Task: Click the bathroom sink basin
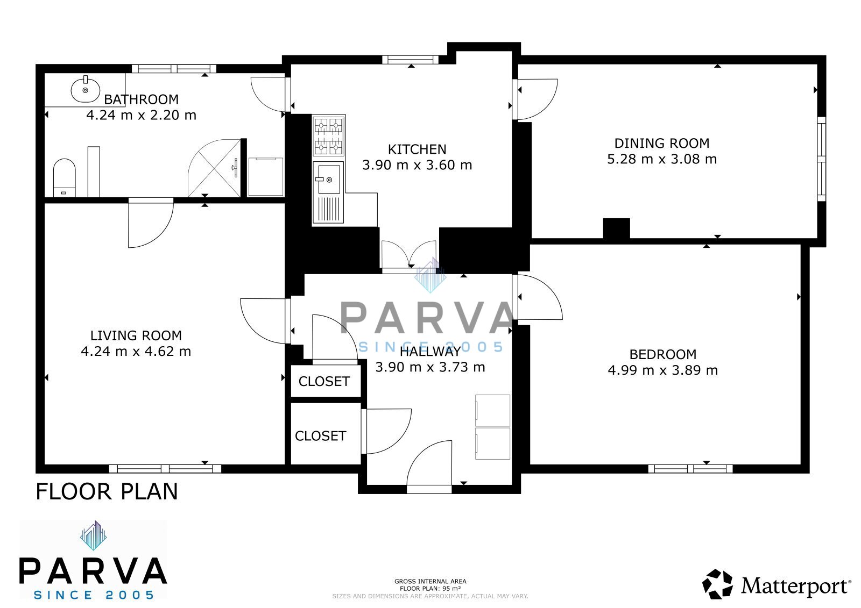86,89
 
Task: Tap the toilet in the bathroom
64,177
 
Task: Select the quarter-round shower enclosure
214,168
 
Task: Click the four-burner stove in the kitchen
329,135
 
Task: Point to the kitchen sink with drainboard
329,192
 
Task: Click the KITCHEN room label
417,149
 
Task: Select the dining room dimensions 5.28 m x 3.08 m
662,159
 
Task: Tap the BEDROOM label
663,354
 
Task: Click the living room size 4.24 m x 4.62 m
136,352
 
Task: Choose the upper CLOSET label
324,381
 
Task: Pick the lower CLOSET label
321,436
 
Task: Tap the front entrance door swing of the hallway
429,467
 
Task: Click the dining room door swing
537,99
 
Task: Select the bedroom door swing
539,297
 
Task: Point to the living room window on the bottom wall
165,469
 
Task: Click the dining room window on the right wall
821,159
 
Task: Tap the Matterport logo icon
717,584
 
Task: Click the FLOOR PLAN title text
107,492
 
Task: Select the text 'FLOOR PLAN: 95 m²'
430,589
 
